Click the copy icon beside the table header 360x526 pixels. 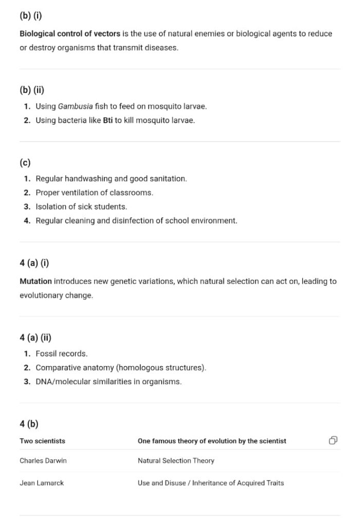click(x=333, y=440)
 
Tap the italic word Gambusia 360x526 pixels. click(x=75, y=106)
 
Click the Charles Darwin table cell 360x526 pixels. click(x=43, y=461)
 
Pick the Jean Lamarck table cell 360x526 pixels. click(x=42, y=483)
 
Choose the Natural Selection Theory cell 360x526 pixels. click(x=176, y=461)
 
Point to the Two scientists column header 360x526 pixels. click(x=42, y=441)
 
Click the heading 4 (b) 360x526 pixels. click(x=29, y=424)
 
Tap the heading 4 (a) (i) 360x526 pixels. click(x=34, y=263)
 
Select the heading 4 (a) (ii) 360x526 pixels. click(x=35, y=337)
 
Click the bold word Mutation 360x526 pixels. click(x=35, y=281)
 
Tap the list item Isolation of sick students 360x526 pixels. click(x=81, y=206)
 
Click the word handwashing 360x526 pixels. click(x=88, y=179)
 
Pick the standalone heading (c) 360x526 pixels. click(x=25, y=162)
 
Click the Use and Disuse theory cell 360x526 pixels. click(x=211, y=483)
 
